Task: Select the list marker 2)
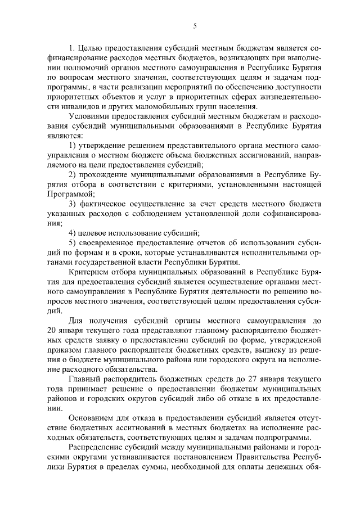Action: click(73, 174)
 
